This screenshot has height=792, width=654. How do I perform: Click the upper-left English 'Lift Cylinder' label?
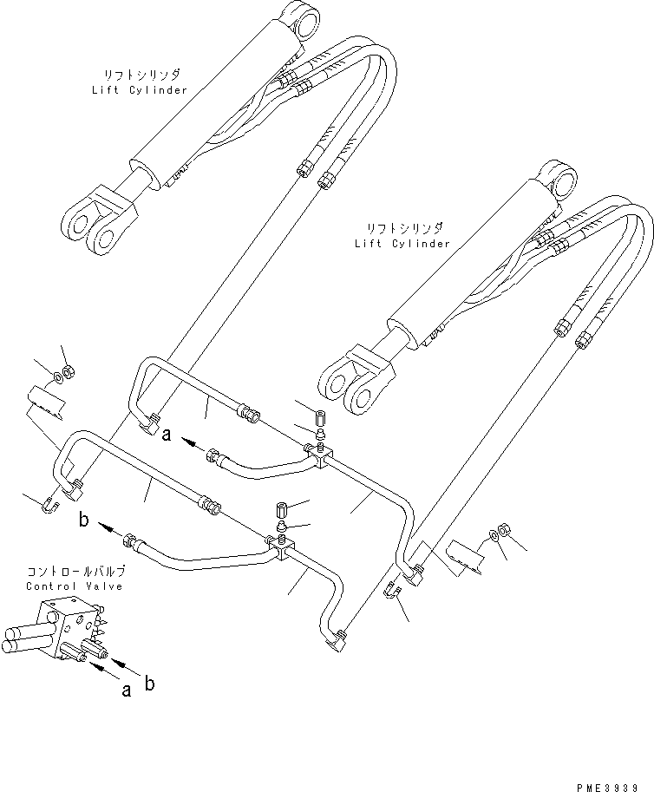(139, 90)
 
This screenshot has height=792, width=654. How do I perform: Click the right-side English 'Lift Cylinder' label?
(402, 244)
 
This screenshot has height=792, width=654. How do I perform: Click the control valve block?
(74, 626)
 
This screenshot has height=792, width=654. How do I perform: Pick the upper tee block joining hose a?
(317, 455)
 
